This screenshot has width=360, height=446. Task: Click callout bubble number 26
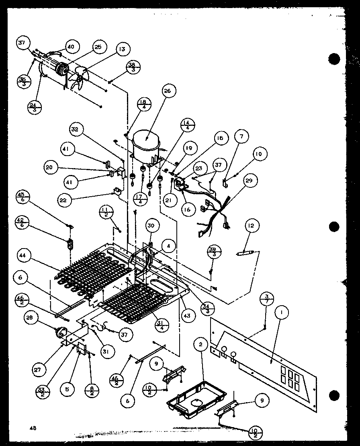pyautogui.click(x=167, y=91)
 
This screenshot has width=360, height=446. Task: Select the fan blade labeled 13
pyautogui.click(x=79, y=77)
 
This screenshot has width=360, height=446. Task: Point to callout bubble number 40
pyautogui.click(x=71, y=47)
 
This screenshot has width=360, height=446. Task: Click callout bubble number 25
pyautogui.click(x=98, y=47)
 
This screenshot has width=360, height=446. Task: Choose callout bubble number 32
pyautogui.click(x=75, y=129)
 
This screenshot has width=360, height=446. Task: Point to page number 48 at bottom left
pyautogui.click(x=33, y=428)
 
